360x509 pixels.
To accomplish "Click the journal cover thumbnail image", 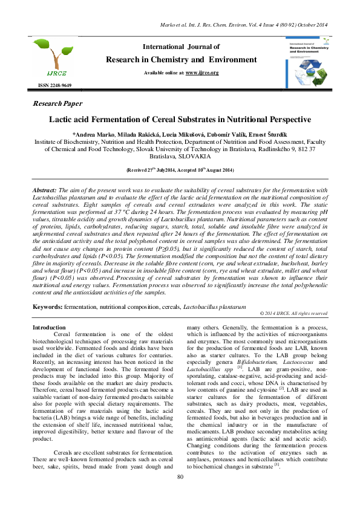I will (x=305, y=61).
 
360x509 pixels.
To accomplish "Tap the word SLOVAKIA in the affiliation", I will (x=196, y=155).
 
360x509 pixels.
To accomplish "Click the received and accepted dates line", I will (x=180, y=171).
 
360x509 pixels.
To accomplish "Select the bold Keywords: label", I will (x=47, y=307).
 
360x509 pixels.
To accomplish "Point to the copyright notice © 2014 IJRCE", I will (x=293, y=314).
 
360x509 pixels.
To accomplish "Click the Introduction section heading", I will (x=49, y=327).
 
